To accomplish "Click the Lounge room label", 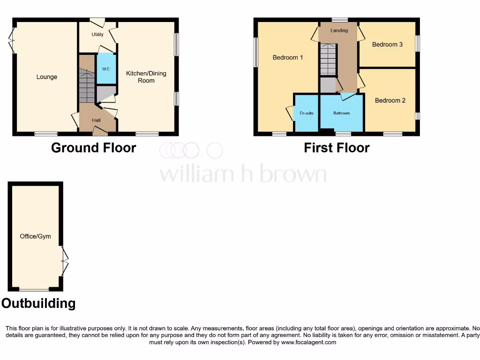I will point(47,77).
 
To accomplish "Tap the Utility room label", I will point(97,35).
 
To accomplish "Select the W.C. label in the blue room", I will point(106,69).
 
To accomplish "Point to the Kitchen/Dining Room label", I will point(146,77).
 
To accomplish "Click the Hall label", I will point(96,120).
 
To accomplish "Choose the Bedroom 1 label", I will point(288,58).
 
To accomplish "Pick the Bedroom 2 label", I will point(390,100).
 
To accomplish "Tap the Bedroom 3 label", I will point(387,45).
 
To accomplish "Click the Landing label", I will point(339,30).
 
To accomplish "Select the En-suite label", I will point(307,113).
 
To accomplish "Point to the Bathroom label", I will point(341,113).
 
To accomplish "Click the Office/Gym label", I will point(35,236).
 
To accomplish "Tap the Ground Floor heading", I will point(93,148).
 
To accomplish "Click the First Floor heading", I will point(337,148).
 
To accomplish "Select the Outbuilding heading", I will point(38,303).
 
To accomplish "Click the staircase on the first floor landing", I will point(328,60).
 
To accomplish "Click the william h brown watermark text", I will point(243,174).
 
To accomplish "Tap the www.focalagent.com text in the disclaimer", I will point(308,342).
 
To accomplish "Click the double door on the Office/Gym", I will point(65,261).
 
